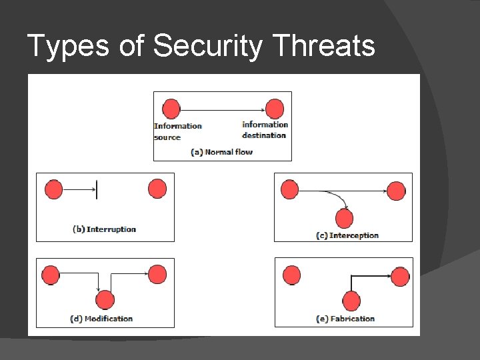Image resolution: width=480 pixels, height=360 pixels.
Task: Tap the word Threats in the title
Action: [x=325, y=46]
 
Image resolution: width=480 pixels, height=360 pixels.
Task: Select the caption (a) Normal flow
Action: [x=222, y=152]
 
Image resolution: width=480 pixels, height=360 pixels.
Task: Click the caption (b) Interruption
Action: [x=104, y=229]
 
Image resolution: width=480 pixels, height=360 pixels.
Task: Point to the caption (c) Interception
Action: [x=347, y=235]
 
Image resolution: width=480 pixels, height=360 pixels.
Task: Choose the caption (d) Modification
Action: [x=101, y=319]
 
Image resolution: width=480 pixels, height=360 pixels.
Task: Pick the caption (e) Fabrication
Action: [x=345, y=319]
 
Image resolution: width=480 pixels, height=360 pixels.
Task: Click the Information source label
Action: [x=177, y=131]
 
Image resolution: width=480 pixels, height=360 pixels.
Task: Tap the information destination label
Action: [x=265, y=130]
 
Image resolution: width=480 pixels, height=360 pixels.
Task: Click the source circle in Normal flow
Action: [x=171, y=109]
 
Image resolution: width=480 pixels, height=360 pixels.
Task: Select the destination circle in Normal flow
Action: [x=274, y=109]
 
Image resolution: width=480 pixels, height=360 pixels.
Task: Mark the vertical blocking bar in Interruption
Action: [x=97, y=189]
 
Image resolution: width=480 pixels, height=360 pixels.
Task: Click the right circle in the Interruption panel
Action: [x=157, y=189]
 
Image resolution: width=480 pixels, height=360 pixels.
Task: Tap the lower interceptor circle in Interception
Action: [x=344, y=218]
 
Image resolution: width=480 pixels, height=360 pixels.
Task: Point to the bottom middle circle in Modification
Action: [x=105, y=300]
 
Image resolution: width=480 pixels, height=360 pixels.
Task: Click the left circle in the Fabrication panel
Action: [x=291, y=275]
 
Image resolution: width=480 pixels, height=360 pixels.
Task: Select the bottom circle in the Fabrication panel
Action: [x=351, y=301]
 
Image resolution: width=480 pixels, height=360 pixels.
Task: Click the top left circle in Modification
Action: [x=51, y=274]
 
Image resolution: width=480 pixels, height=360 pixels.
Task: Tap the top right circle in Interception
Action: [x=396, y=191]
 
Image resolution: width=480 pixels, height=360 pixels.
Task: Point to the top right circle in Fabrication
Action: [x=400, y=276]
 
